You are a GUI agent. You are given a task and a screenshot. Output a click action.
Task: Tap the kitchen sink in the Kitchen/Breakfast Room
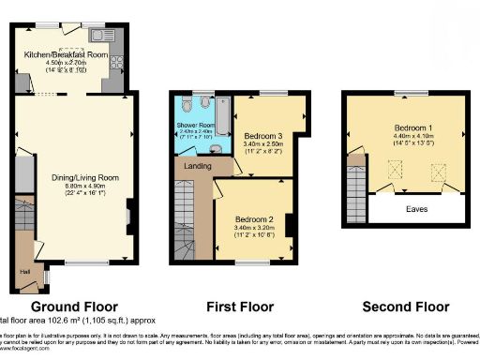point(99,37)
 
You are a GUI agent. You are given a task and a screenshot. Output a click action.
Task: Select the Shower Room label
point(198,125)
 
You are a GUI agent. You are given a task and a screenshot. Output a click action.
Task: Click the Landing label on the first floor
point(194,167)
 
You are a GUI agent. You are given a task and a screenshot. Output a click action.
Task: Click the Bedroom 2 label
point(249,217)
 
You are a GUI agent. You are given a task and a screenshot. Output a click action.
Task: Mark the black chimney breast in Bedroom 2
point(292,225)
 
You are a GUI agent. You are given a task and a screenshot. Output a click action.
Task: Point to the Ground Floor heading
point(75,307)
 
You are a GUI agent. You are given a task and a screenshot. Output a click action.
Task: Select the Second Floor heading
point(405,307)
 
